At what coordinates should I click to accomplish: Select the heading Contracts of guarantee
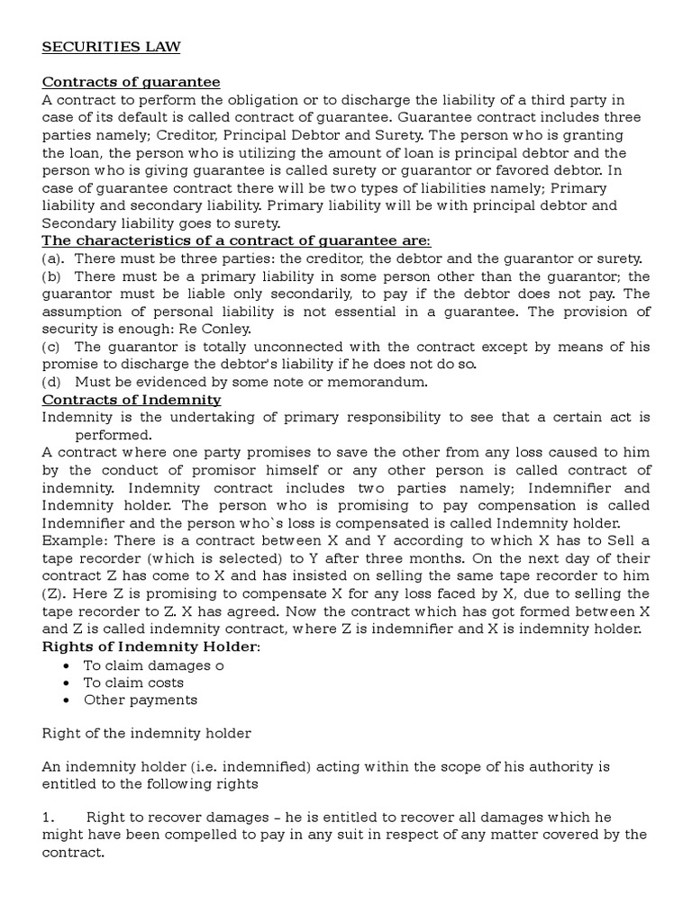(x=132, y=82)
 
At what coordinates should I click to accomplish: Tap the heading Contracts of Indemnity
(x=132, y=399)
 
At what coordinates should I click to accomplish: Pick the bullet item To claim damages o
(x=153, y=665)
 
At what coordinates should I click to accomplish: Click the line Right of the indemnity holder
(x=147, y=733)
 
